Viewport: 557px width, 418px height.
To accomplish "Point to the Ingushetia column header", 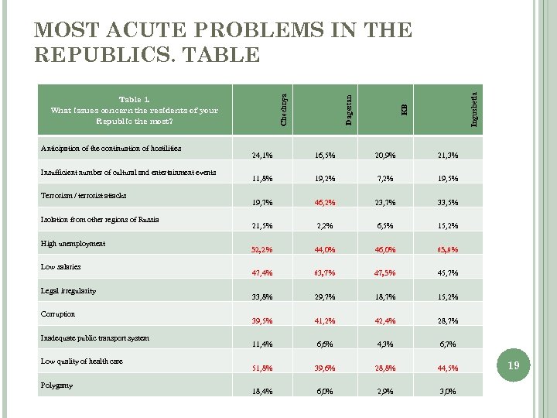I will pos(473,108).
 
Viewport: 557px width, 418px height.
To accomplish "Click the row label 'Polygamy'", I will pos(58,385).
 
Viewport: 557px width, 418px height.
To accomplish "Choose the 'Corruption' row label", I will pos(58,313).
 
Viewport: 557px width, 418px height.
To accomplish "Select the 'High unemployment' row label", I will pos(73,243).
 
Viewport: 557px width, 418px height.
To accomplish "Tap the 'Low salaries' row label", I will pos(60,266).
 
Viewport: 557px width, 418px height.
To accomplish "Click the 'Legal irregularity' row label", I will pos(68,290).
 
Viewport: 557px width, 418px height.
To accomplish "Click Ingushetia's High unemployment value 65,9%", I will pos(447,249).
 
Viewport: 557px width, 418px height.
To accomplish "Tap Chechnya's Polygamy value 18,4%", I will pos(263,392).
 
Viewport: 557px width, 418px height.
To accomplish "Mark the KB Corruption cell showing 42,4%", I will pos(385,320).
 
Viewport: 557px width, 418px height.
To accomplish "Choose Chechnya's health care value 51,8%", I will pos(263,368).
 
